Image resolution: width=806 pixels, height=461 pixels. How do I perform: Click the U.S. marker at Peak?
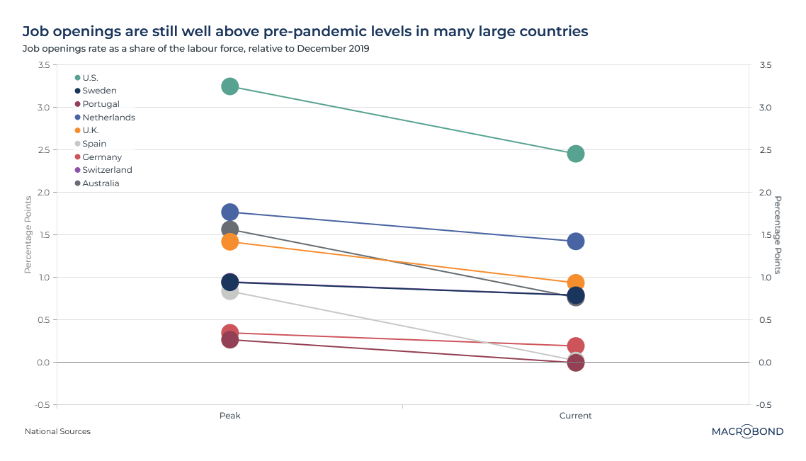pyautogui.click(x=229, y=86)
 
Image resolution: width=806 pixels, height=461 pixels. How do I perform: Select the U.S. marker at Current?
pyautogui.click(x=576, y=154)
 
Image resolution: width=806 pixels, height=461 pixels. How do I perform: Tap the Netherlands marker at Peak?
pyautogui.click(x=229, y=212)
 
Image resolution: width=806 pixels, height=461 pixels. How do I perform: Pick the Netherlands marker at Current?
pyautogui.click(x=576, y=241)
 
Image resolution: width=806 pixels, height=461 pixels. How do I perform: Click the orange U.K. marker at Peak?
pyautogui.click(x=229, y=242)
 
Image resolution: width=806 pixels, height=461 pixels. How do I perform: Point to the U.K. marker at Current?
pyautogui.click(x=576, y=283)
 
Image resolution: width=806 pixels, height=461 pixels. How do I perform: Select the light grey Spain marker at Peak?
pyautogui.click(x=229, y=292)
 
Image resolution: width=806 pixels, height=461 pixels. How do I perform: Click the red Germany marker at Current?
pyautogui.click(x=576, y=346)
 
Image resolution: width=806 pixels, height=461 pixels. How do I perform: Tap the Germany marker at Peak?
pyautogui.click(x=229, y=331)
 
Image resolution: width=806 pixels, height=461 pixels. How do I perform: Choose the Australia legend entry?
pyautogui.click(x=101, y=183)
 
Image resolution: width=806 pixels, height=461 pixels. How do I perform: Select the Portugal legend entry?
pyautogui.click(x=101, y=104)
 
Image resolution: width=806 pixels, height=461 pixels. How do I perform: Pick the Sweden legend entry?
pyautogui.click(x=99, y=91)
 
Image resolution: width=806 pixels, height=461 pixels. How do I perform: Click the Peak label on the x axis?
pyautogui.click(x=229, y=416)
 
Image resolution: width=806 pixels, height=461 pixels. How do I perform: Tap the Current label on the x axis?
pyautogui.click(x=576, y=416)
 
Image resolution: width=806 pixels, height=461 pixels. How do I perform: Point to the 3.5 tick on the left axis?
pyautogui.click(x=43, y=65)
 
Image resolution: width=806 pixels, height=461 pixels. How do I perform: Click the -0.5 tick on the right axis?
pyautogui.click(x=765, y=405)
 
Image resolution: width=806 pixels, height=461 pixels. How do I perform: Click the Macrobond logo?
pyautogui.click(x=747, y=431)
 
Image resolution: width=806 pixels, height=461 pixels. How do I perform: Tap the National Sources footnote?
pyautogui.click(x=57, y=431)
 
